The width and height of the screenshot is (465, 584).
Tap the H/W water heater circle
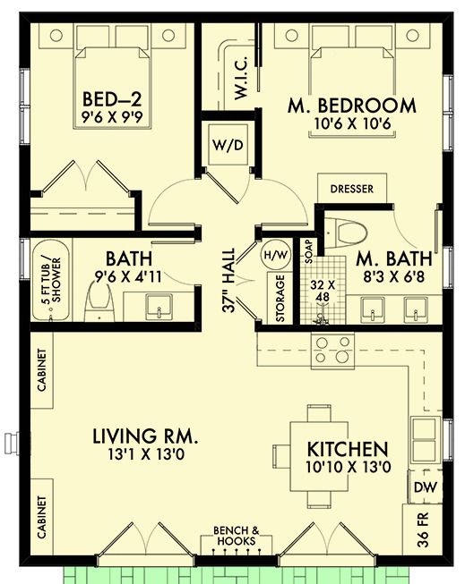(x=276, y=255)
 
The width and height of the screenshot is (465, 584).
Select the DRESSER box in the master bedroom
(x=352, y=188)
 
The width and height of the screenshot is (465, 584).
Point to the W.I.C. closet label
(x=241, y=78)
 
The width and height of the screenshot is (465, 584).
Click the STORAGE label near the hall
(x=280, y=299)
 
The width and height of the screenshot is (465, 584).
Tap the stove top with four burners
(x=333, y=350)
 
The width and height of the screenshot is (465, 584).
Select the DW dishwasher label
(x=426, y=487)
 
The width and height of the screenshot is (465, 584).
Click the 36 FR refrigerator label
(x=423, y=529)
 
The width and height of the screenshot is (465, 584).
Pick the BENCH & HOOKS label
(x=237, y=536)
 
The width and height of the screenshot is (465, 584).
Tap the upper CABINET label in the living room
(x=42, y=370)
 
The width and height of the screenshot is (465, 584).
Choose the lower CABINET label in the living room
(x=42, y=517)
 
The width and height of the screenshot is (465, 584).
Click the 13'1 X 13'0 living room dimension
(x=146, y=454)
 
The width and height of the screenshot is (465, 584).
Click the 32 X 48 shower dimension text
(x=323, y=291)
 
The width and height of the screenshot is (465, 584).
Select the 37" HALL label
(x=228, y=280)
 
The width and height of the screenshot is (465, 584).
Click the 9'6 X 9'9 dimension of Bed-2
(x=112, y=118)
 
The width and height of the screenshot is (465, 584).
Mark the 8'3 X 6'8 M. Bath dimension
(x=393, y=276)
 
